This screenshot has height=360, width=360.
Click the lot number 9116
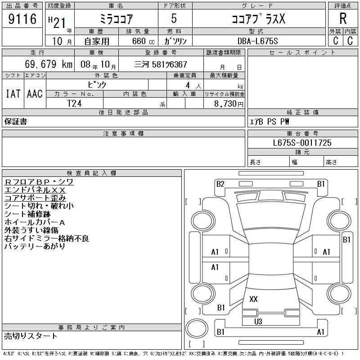[x=22, y=19]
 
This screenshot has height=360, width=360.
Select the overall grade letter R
[x=343, y=18]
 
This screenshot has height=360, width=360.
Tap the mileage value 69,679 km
[x=49, y=64]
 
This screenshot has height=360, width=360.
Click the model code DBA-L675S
[x=257, y=41]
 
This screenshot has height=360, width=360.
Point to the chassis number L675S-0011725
[x=302, y=143]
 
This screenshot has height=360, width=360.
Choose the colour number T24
[x=74, y=103]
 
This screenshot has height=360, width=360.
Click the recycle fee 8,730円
[x=229, y=104]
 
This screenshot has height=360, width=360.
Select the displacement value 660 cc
[x=143, y=41]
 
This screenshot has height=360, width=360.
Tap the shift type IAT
[x=13, y=94]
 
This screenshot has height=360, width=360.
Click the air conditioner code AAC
[x=35, y=94]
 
